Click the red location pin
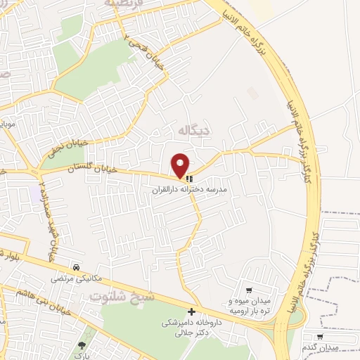pos(181,165)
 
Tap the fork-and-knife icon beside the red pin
pos(189,178)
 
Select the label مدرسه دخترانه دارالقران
pos(189,190)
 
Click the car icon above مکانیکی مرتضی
pos(75,267)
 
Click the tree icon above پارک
pos(82,345)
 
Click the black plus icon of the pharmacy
pos(191,311)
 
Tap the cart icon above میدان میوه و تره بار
pos(249,290)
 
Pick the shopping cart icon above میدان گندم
pos(320,337)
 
